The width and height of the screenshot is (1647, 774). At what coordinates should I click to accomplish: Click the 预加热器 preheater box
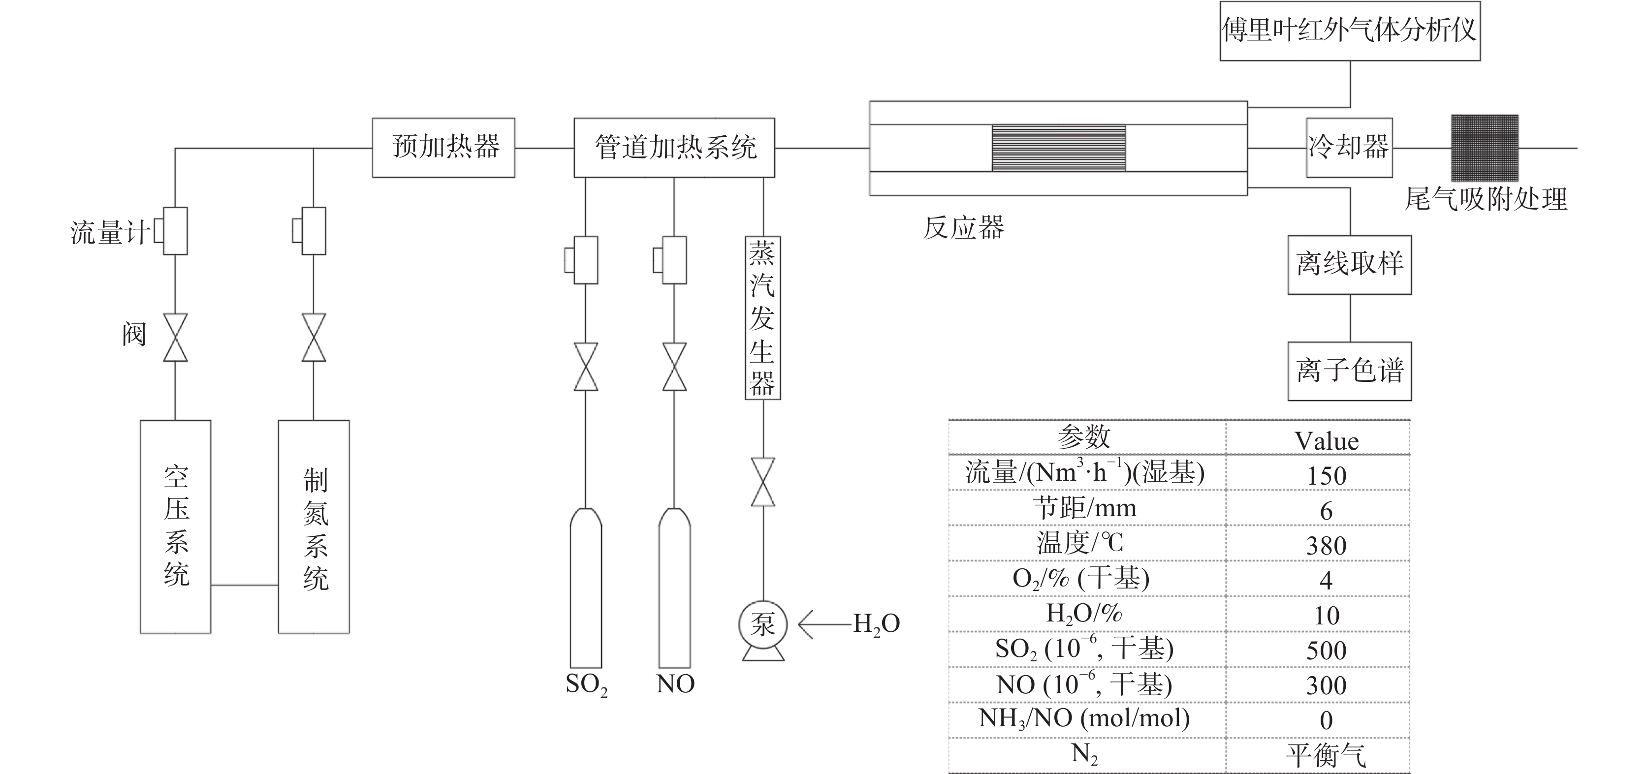(x=443, y=148)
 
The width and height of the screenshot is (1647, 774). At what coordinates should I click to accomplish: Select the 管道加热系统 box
(x=674, y=148)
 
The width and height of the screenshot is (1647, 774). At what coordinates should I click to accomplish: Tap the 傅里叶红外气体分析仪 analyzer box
(x=1349, y=31)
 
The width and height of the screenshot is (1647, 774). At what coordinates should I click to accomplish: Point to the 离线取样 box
(x=1349, y=265)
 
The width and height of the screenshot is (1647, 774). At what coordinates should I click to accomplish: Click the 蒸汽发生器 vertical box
(x=763, y=318)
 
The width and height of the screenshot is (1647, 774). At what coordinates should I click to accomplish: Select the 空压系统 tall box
(x=175, y=526)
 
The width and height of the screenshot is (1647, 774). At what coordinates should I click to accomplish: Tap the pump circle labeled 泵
(x=763, y=624)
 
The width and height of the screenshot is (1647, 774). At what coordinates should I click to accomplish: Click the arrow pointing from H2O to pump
(x=825, y=624)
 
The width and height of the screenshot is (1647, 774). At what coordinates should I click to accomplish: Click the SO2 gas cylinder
(x=586, y=588)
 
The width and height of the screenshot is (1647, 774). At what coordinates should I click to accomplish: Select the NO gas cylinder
(x=674, y=588)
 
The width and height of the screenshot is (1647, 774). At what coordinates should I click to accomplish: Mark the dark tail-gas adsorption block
(x=1485, y=148)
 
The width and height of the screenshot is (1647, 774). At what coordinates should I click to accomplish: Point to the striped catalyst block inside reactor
(x=1058, y=148)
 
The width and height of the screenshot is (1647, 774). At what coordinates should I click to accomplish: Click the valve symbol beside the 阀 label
(x=175, y=338)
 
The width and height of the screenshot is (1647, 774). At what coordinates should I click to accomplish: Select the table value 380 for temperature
(x=1326, y=545)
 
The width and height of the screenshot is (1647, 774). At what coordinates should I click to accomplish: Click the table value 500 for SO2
(x=1326, y=650)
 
